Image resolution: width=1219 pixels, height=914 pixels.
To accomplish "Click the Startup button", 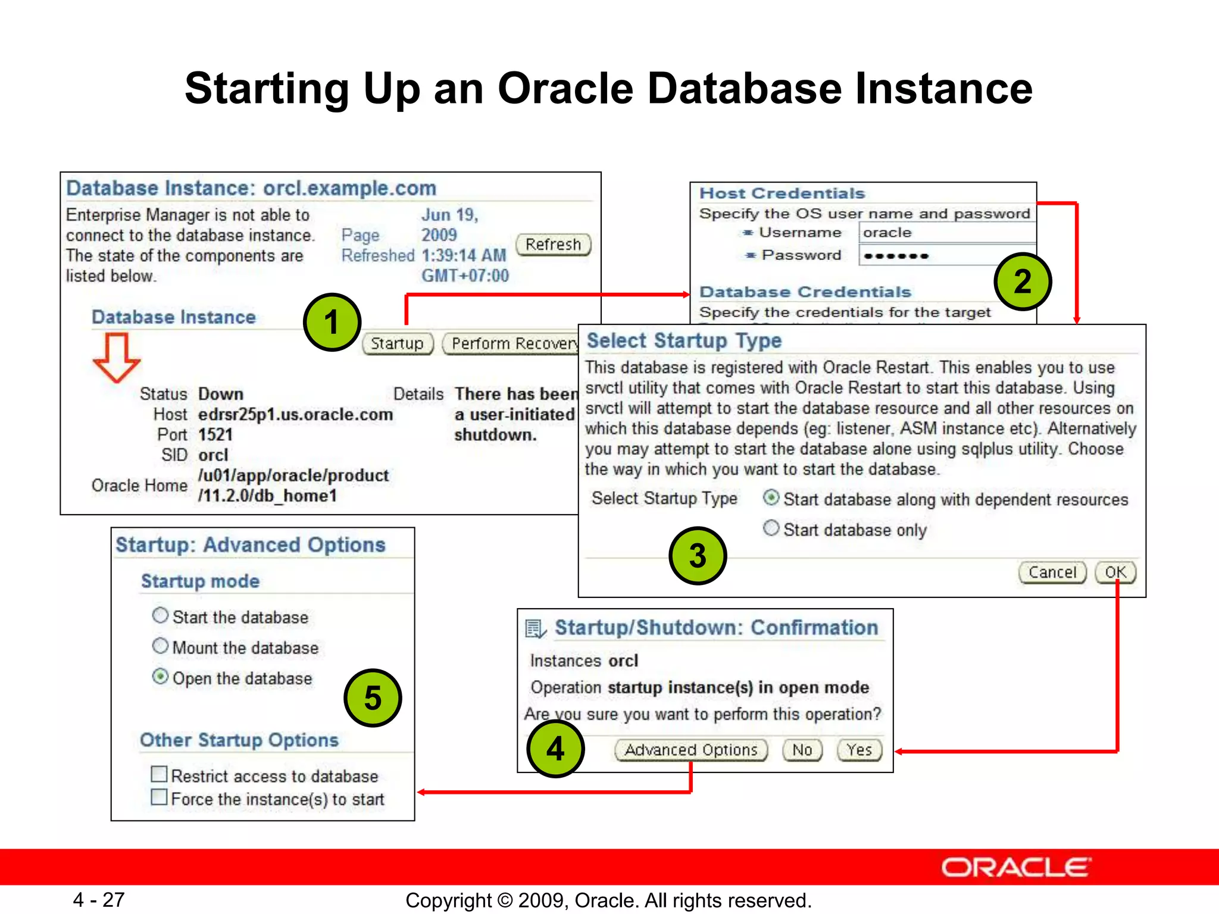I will [397, 343].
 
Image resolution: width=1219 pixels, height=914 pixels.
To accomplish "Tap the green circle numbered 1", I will [332, 323].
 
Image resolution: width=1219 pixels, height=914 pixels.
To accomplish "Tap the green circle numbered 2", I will [1023, 281].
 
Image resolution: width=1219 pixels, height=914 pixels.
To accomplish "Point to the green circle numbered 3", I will [698, 555].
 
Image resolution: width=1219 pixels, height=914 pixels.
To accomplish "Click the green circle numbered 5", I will [373, 697].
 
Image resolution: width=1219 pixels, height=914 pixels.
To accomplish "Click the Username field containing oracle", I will [946, 233].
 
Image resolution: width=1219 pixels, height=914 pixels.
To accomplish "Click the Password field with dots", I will [946, 256].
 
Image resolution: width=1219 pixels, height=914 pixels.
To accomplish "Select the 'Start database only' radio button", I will [771, 528].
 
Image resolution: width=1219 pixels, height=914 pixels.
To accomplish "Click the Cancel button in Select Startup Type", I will [1052, 572].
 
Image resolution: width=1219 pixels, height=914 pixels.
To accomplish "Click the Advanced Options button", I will [691, 750].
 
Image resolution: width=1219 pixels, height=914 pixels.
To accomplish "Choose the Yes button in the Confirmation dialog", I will [859, 750].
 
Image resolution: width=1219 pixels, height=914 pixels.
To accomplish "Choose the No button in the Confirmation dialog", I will [802, 750].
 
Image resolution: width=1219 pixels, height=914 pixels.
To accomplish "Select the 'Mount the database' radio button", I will [160, 646].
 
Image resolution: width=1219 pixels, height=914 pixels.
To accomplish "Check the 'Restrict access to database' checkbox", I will [159, 774].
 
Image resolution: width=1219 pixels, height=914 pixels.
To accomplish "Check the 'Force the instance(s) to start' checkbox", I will [159, 797].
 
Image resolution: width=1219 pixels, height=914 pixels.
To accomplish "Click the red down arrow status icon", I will [117, 357].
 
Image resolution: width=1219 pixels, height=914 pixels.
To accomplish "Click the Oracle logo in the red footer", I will [1015, 868].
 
